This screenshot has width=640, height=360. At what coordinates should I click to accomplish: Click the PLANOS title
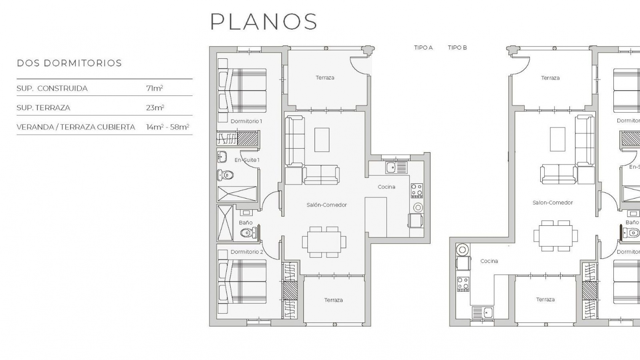[x=264, y=22]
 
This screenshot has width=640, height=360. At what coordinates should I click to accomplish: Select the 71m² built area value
[x=154, y=88]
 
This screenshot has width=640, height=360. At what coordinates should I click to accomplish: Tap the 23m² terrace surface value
[x=155, y=108]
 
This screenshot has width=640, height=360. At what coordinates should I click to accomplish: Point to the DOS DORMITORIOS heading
[x=69, y=63]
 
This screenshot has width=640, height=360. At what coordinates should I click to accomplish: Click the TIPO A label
[x=423, y=48]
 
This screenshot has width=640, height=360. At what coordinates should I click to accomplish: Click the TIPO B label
[x=457, y=48]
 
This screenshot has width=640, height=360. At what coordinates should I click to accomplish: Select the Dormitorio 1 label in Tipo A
[x=246, y=121]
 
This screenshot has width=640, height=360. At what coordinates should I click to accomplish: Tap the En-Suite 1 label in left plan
[x=247, y=160]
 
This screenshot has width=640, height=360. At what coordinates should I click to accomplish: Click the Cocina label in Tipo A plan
[x=386, y=187]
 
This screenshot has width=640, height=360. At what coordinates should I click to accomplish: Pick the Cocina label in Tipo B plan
[x=489, y=261]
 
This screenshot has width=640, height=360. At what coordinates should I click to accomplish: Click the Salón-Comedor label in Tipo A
[x=327, y=205]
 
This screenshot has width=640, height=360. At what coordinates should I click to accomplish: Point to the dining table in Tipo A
[x=324, y=242]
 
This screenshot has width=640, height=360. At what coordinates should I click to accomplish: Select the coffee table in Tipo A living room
[x=322, y=140]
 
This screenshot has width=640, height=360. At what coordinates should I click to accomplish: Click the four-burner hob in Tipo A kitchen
[x=417, y=191]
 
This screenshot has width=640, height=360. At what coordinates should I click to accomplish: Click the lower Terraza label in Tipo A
[x=333, y=300]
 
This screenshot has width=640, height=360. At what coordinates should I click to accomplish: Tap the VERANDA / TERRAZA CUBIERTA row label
[x=76, y=127]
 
